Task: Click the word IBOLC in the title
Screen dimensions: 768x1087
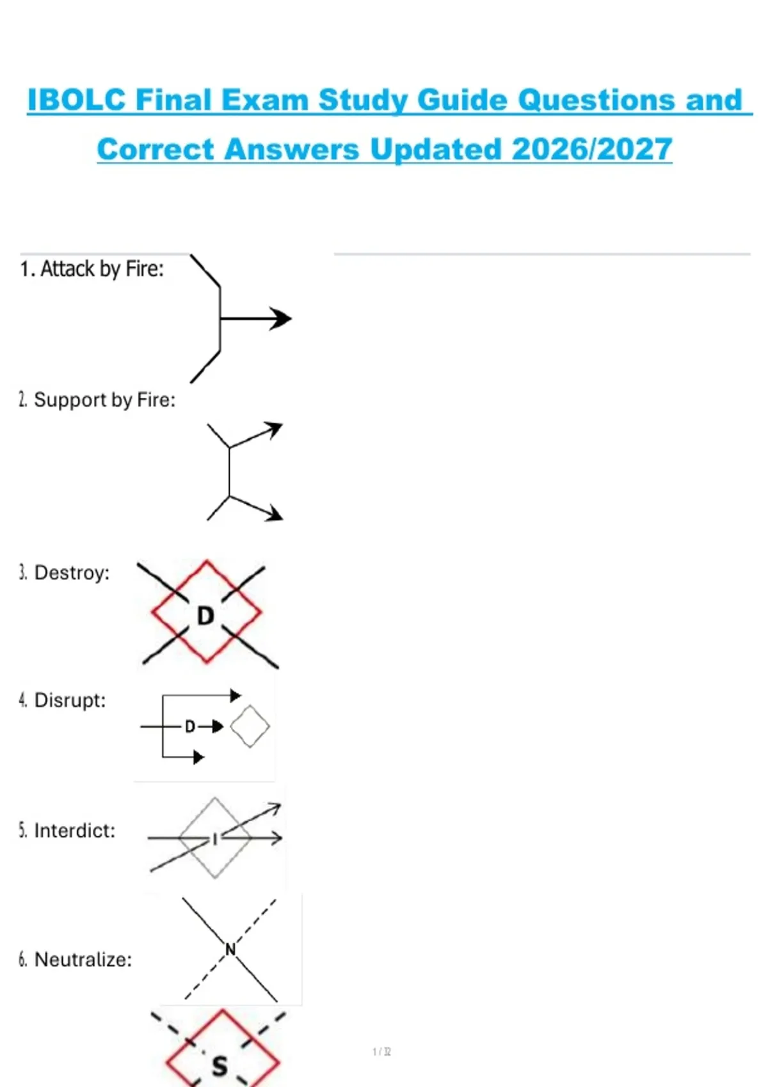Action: click(x=77, y=100)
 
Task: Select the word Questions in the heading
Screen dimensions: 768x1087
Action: click(x=596, y=101)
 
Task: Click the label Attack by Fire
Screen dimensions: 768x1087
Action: click(x=92, y=269)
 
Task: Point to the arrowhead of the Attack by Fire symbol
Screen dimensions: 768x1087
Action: click(x=281, y=319)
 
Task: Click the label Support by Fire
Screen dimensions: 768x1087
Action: click(x=97, y=400)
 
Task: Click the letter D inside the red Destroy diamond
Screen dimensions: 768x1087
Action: click(x=205, y=616)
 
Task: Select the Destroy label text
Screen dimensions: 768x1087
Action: click(x=64, y=573)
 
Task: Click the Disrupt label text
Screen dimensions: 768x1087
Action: click(x=62, y=700)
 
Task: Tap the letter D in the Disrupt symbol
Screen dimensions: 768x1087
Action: click(x=190, y=726)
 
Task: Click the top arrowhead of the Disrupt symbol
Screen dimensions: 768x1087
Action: click(x=236, y=696)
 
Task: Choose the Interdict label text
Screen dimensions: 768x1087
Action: click(x=67, y=831)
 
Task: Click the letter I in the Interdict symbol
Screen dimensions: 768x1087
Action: click(x=215, y=839)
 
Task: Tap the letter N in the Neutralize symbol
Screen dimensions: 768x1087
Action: click(x=231, y=949)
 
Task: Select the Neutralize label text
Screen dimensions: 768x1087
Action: click(x=76, y=959)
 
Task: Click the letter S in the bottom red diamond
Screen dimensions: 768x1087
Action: click(x=220, y=1066)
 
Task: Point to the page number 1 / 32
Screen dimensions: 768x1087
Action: click(x=381, y=1052)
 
